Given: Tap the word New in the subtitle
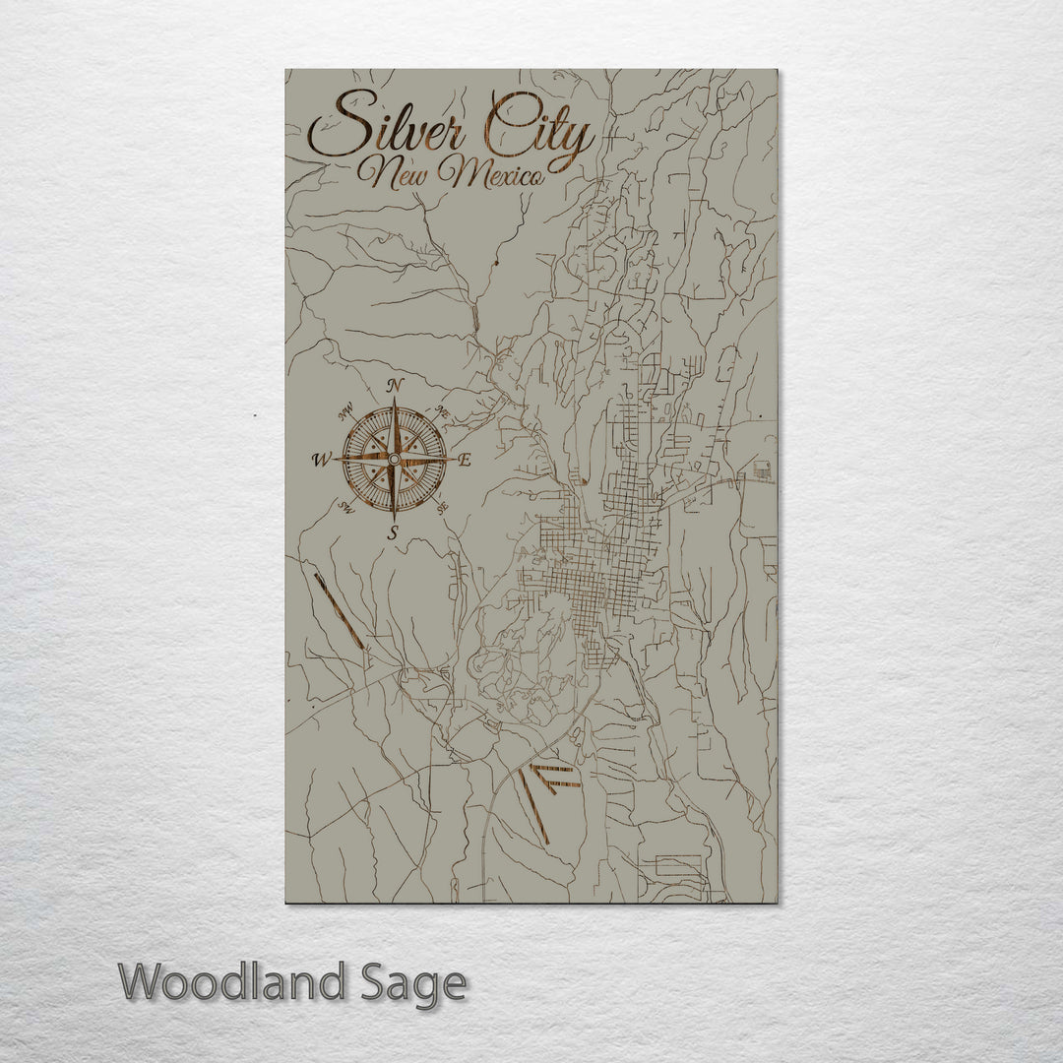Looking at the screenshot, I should pyautogui.click(x=391, y=174).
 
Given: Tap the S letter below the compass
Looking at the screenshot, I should pyautogui.click(x=393, y=533).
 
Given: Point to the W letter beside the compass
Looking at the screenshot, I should pyautogui.click(x=321, y=460).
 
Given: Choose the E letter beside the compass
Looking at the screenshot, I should pyautogui.click(x=466, y=460).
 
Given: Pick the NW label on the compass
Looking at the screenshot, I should pyautogui.click(x=345, y=411).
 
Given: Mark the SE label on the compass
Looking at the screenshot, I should pyautogui.click(x=443, y=506).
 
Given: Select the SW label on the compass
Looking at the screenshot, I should pyautogui.click(x=346, y=507).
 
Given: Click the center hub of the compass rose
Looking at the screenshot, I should pyautogui.click(x=394, y=459).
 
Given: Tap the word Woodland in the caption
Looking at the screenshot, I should pyautogui.click(x=233, y=982).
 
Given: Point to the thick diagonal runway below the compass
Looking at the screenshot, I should pyautogui.click(x=339, y=610).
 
